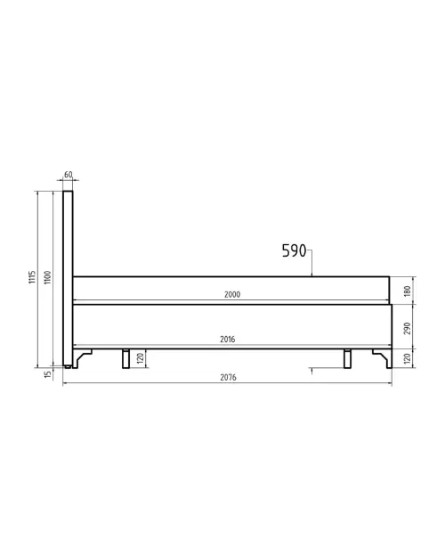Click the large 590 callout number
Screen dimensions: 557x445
pos(294,251)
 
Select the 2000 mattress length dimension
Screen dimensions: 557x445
pos(231,294)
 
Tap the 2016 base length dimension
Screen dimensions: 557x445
pos(228,340)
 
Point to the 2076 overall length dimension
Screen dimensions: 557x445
pos(228,378)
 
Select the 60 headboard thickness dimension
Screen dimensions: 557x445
pos(69,176)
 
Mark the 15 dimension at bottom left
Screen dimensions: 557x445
pos(48,374)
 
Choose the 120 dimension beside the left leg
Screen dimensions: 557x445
pos(141,358)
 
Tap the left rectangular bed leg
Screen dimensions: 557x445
pos(126,357)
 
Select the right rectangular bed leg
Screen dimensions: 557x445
pos(347,357)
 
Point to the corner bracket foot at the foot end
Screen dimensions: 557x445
pos(382,356)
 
